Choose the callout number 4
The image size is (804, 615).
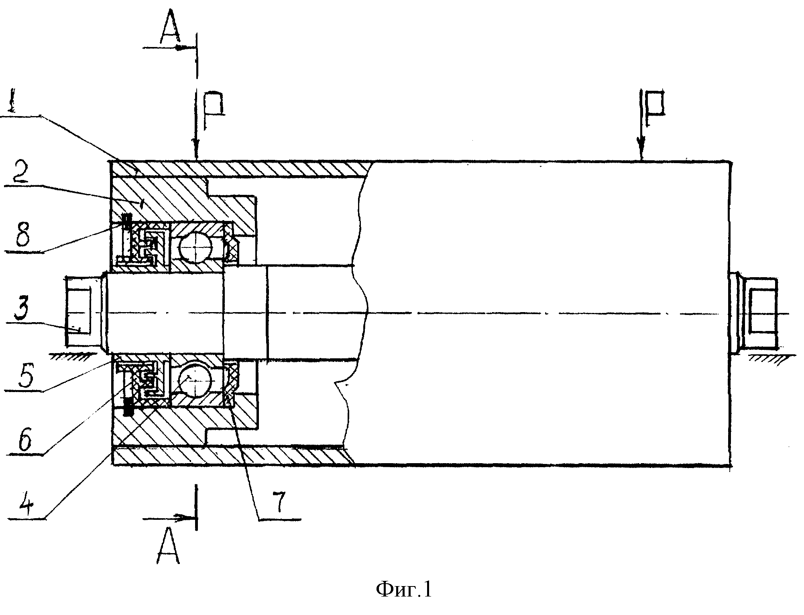20,503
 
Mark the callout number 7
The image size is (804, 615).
278,501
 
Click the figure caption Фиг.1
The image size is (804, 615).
404,590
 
